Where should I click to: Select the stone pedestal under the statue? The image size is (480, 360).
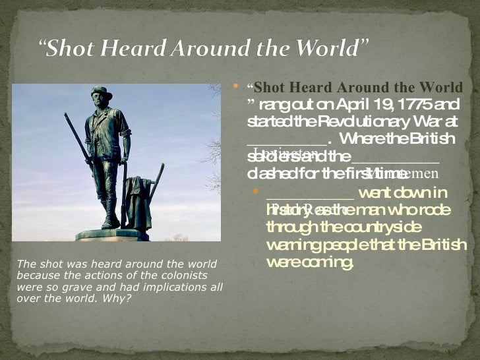pos(111,235)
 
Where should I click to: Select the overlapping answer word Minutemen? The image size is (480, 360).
pos(409,173)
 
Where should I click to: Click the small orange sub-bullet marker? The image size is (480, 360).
pos(258,193)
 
